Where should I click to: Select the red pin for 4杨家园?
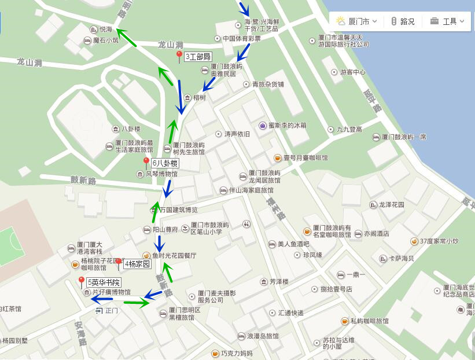tap(119, 264)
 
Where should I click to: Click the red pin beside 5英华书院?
tap(82, 282)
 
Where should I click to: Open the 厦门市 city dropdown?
tap(358, 21)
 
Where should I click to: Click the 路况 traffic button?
tap(403, 21)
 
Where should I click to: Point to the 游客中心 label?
tap(352, 72)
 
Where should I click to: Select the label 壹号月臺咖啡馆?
tap(305, 158)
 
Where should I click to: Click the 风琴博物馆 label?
tap(161, 174)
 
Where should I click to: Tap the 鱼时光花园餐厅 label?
tap(174, 255)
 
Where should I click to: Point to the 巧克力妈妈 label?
tap(236, 353)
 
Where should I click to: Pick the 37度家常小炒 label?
tap(439, 241)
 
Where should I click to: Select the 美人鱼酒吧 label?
tap(293, 244)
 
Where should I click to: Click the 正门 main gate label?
tap(111, 311)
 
